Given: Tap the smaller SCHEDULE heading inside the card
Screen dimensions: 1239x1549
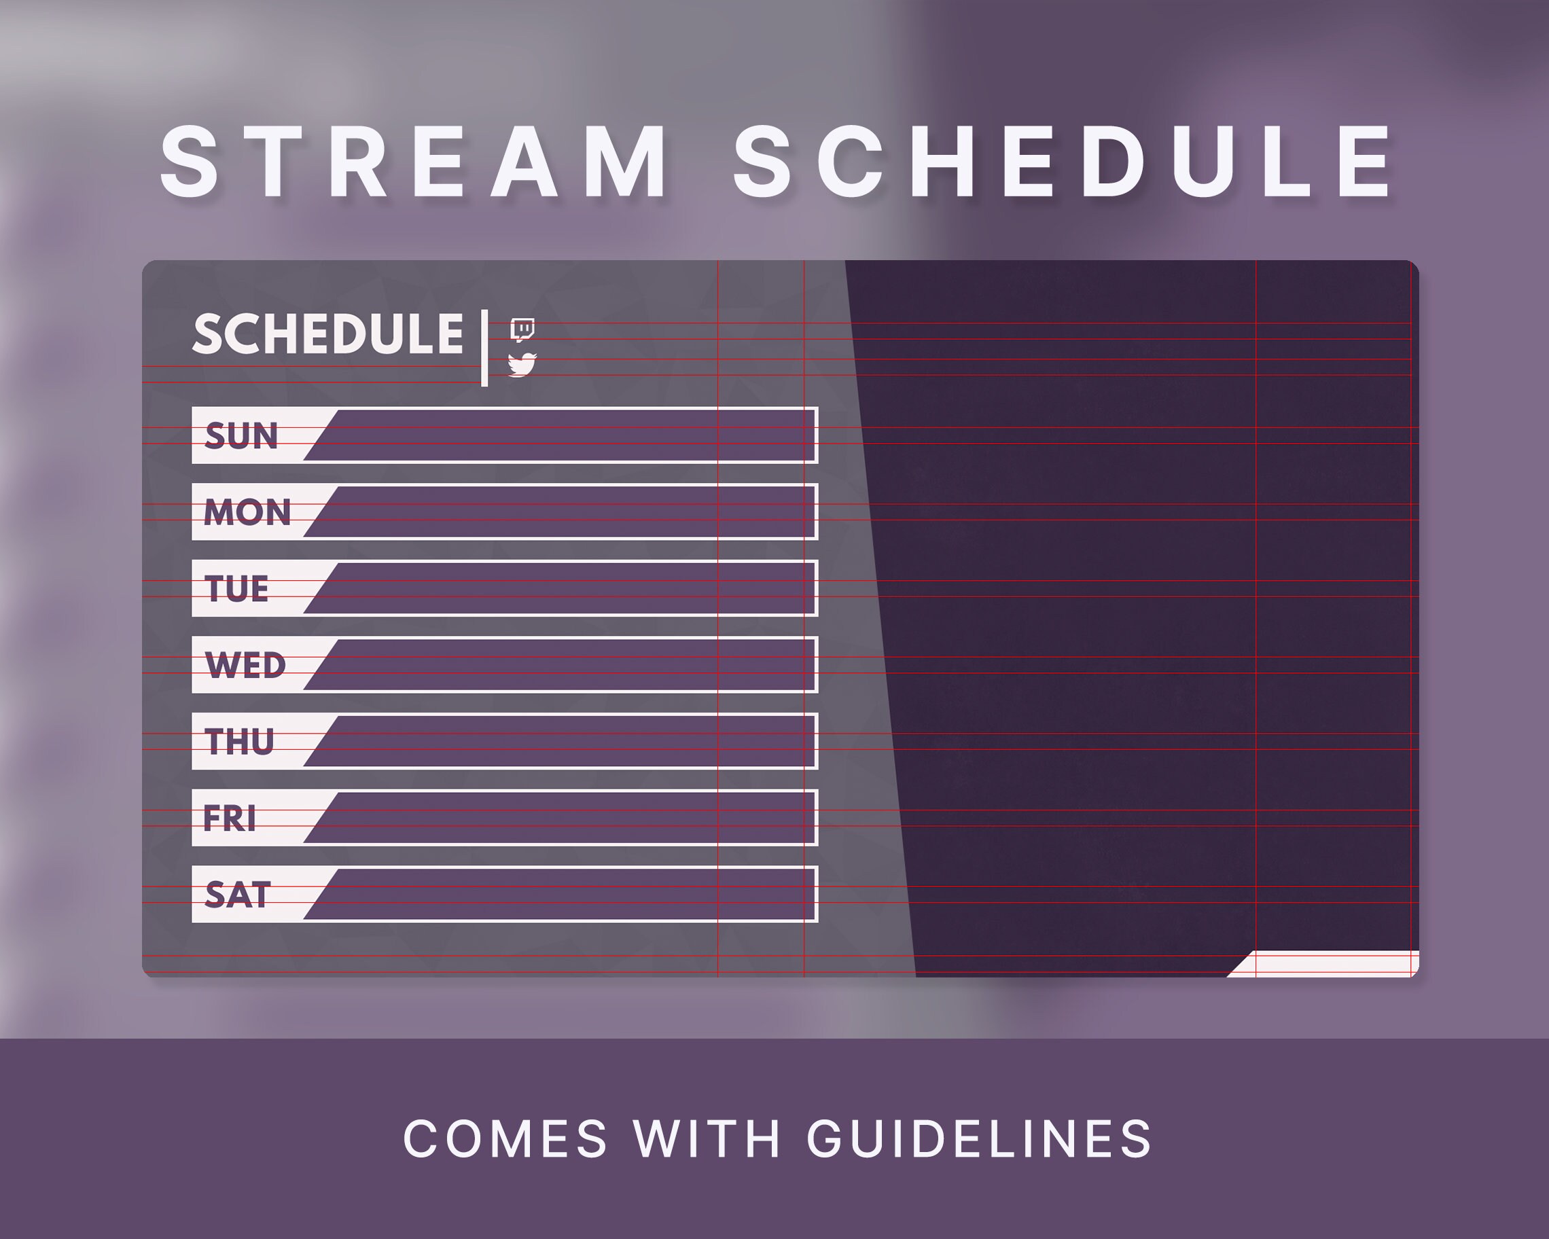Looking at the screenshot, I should coord(327,334).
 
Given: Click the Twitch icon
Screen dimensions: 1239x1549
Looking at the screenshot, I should coord(522,329).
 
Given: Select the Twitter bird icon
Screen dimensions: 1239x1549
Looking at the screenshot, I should coord(522,365).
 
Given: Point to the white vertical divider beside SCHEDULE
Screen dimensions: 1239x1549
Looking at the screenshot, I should coord(485,348).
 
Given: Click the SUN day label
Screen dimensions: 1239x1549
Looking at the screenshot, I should coord(241,436).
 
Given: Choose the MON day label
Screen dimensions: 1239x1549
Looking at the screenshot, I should coord(247,512).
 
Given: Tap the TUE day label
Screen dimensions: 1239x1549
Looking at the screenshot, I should coord(236,589).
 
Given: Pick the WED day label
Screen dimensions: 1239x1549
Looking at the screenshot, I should coord(245,665).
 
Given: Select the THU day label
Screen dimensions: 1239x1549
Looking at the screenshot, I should coord(239,742).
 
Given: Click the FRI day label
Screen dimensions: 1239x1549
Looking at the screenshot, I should coord(229,818).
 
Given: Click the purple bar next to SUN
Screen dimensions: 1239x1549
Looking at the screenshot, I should coord(567,436).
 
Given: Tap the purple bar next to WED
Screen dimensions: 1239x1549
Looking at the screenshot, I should coord(567,665).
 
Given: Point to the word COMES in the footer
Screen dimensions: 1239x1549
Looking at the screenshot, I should coord(505,1140).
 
